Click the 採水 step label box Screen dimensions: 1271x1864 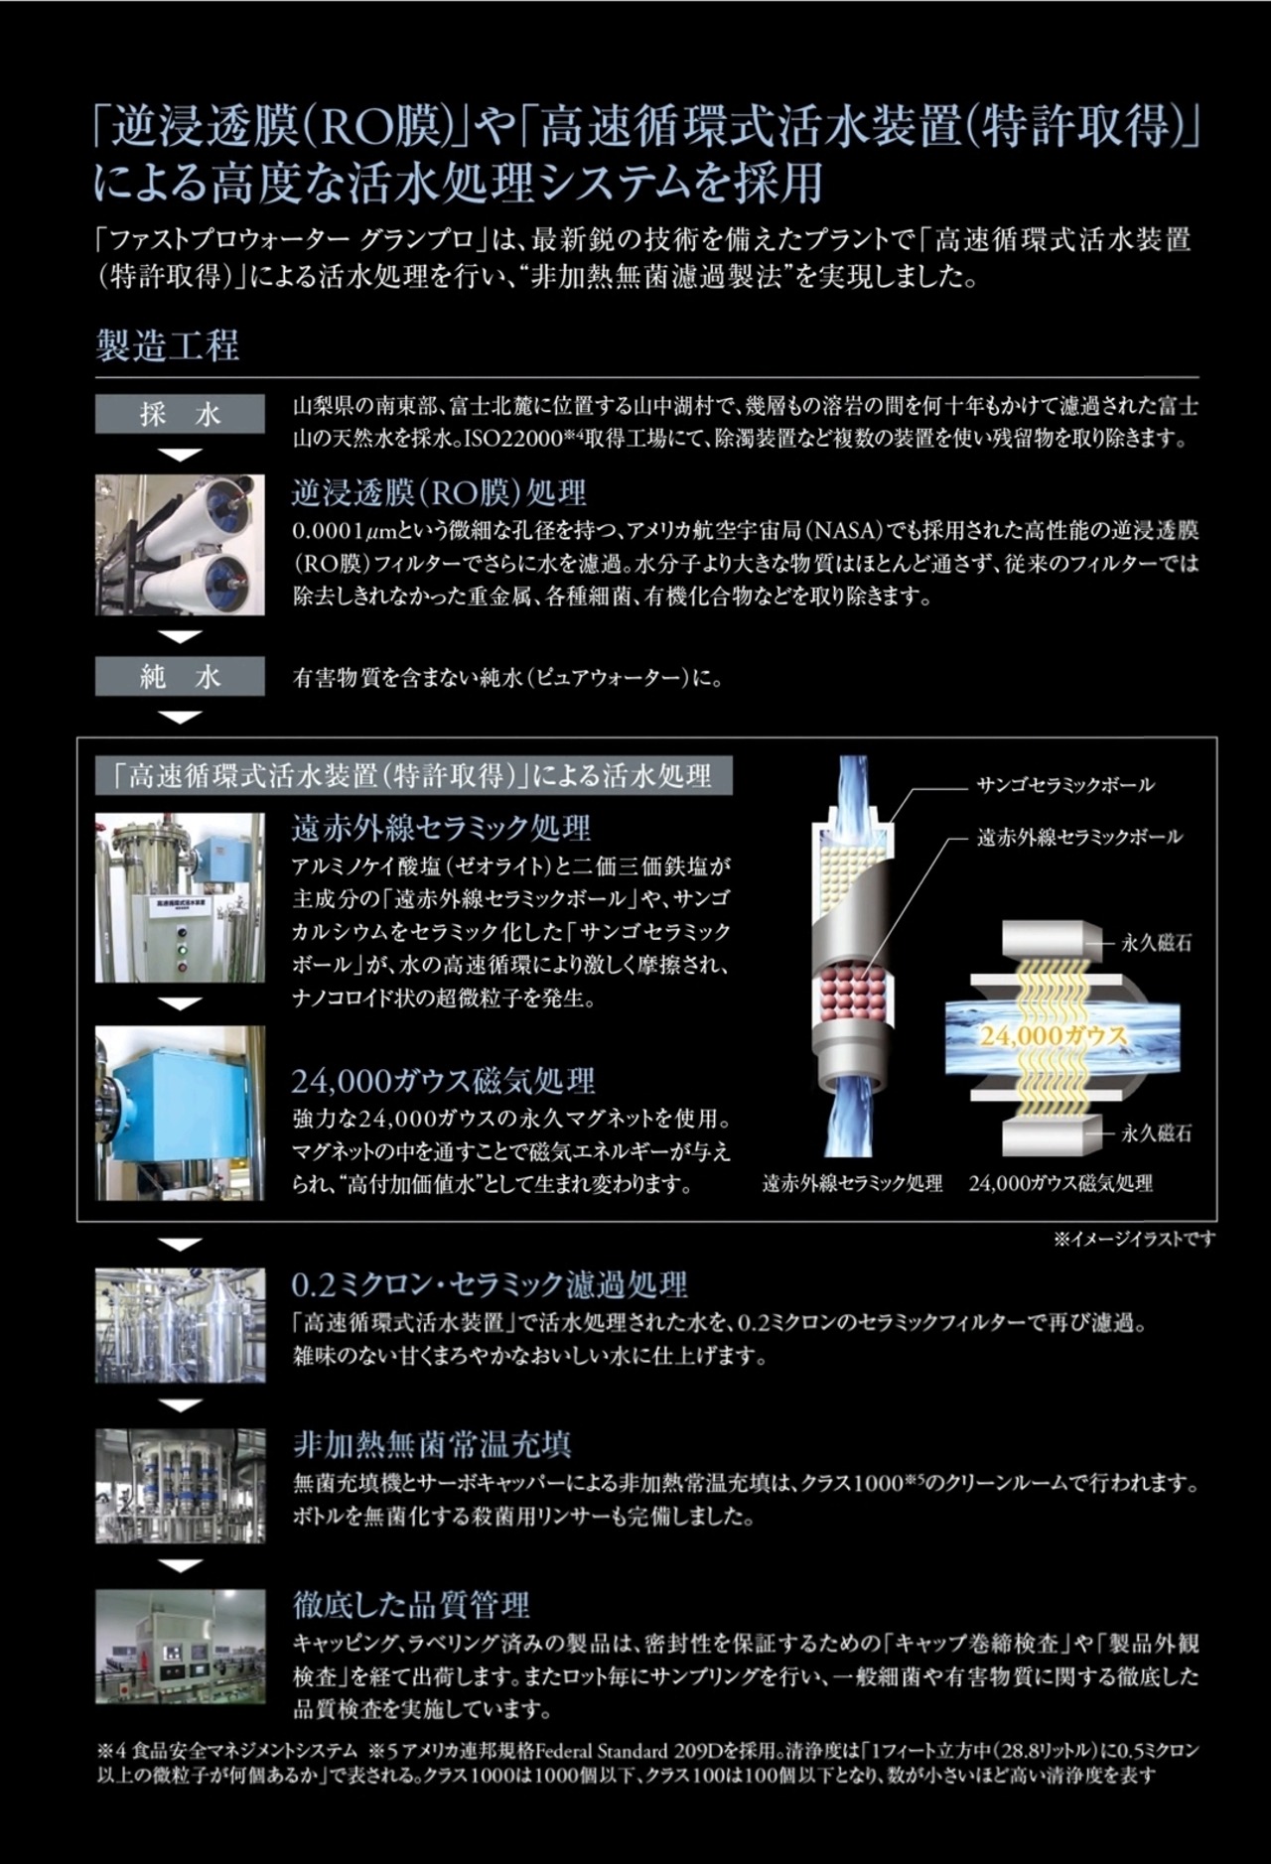tap(180, 414)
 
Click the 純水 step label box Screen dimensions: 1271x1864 tap(180, 677)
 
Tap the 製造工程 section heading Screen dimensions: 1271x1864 tap(167, 346)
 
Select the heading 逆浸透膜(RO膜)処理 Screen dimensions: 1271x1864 tap(439, 492)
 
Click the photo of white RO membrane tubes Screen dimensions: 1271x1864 tap(180, 544)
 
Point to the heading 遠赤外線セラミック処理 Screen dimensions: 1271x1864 tap(441, 828)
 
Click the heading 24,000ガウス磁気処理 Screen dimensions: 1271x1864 tap(443, 1080)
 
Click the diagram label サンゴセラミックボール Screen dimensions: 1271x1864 tap(1065, 784)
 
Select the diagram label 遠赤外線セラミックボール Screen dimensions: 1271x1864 tap(1079, 836)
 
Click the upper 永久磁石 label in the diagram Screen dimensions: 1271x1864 tap(1156, 943)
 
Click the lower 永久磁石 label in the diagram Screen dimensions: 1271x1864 tap(1156, 1132)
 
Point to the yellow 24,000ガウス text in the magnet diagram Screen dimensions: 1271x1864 tap(1055, 1035)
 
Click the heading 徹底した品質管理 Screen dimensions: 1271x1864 tap(411, 1604)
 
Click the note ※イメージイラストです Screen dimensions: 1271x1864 tap(1134, 1239)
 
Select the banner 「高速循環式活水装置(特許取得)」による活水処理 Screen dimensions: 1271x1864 tap(414, 775)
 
